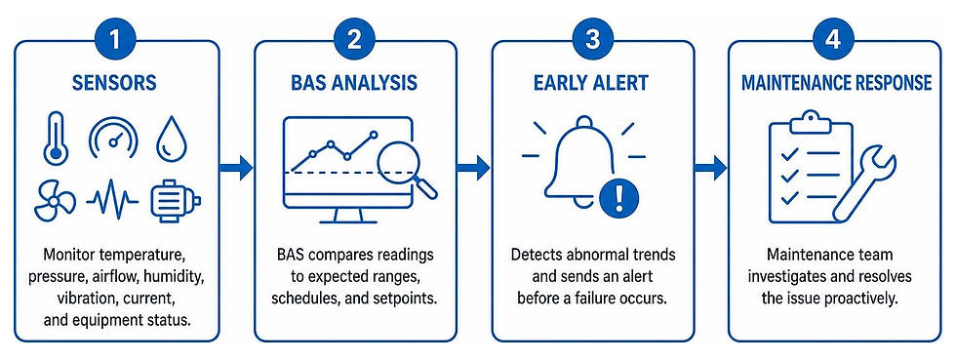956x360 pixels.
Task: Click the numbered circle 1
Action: click(x=116, y=40)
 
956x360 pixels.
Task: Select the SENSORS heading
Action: click(x=115, y=83)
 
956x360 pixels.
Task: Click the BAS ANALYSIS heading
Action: click(x=355, y=83)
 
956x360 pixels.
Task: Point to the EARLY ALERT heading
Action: click(x=591, y=83)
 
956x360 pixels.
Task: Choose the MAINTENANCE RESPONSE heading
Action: click(x=837, y=83)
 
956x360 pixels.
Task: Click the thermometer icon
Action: click(x=56, y=138)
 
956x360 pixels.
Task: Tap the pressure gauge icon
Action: click(x=113, y=136)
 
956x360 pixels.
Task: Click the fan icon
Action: click(x=55, y=200)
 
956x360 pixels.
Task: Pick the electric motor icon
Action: click(x=175, y=199)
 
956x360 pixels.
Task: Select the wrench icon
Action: click(x=863, y=186)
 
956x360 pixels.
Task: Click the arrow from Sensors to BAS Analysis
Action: click(x=236, y=167)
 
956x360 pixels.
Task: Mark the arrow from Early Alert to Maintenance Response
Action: click(x=710, y=167)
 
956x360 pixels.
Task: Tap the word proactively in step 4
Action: click(x=869, y=299)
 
